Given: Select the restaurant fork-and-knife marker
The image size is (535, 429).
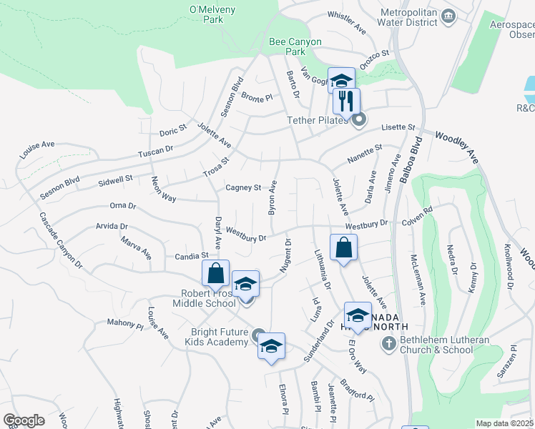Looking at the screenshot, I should [347, 101].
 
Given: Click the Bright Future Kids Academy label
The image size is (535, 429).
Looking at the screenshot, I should [220, 337].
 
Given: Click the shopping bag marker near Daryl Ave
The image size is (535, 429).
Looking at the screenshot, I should [215, 273].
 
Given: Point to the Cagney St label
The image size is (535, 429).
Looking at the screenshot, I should [243, 188].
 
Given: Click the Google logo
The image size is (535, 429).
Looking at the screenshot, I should [24, 420].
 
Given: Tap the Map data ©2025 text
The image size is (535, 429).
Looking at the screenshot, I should [505, 423].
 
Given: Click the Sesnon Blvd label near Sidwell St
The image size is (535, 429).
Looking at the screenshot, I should [59, 184].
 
